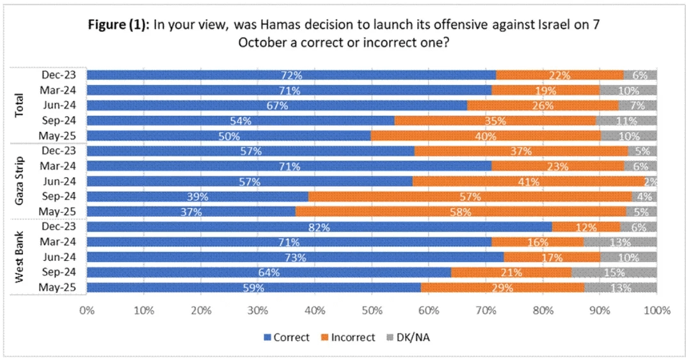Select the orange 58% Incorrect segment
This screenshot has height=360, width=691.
(x=461, y=212)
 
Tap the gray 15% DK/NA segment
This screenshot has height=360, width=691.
(x=614, y=272)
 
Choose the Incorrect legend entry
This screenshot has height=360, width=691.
(x=349, y=337)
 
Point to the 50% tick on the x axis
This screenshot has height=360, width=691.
(x=371, y=311)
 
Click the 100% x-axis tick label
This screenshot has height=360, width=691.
(x=657, y=311)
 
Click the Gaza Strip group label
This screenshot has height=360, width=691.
(x=20, y=181)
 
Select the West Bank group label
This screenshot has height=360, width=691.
(x=20, y=257)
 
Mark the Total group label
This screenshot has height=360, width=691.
(x=20, y=106)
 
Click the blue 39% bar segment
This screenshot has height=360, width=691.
(x=197, y=196)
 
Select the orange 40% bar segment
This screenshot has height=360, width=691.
(x=486, y=136)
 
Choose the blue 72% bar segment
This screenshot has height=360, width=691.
(x=291, y=75)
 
